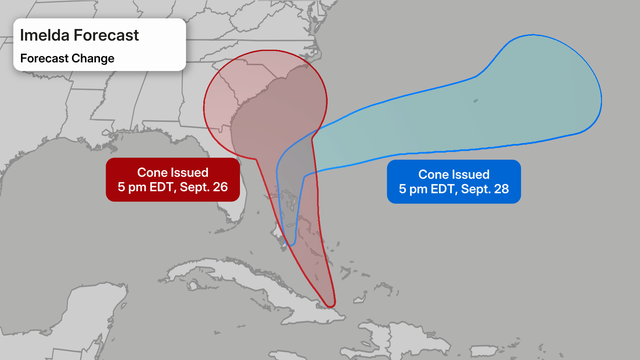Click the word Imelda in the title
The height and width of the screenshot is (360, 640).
point(45,36)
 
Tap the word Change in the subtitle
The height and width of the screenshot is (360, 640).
point(92,58)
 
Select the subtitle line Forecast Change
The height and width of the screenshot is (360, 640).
point(67,58)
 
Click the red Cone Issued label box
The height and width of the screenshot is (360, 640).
point(174,179)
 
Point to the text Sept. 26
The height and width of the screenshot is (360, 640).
point(208,187)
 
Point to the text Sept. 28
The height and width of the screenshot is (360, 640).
point(489,189)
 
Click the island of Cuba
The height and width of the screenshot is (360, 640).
point(250,285)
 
